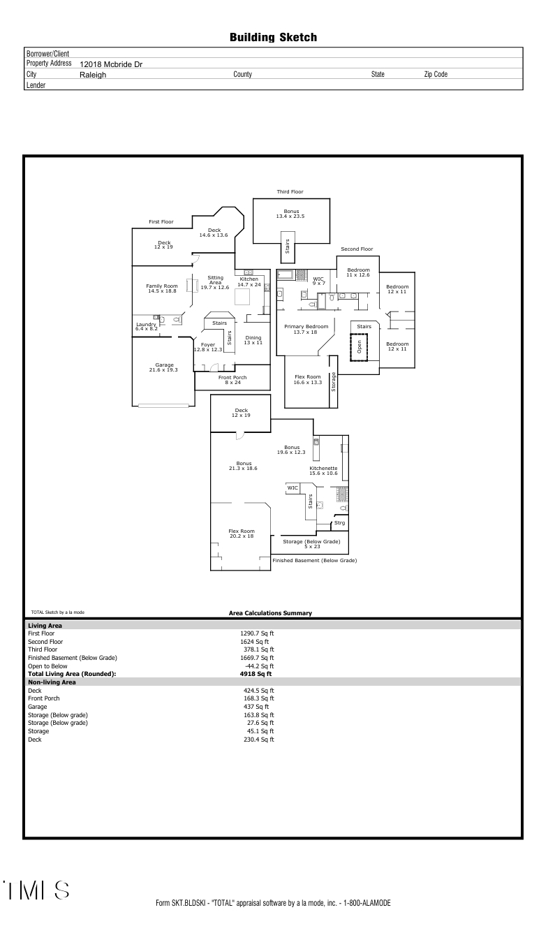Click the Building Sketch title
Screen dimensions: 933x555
point(273,38)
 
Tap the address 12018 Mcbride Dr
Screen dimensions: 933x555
point(111,64)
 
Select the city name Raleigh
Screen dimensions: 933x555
point(93,75)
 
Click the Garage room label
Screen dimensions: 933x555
point(163,367)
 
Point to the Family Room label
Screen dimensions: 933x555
point(162,288)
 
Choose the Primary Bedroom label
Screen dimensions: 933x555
point(306,329)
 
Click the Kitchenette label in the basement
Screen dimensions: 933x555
point(323,471)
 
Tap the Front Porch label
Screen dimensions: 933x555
point(232,380)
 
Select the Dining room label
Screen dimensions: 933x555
point(253,340)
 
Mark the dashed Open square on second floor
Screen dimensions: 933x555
point(359,347)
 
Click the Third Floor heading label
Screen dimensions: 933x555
point(290,192)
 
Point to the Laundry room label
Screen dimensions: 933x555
point(147,326)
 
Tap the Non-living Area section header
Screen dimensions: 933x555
point(52,682)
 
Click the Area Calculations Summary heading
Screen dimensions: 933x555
point(270,613)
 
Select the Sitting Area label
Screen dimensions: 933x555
point(215,282)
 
